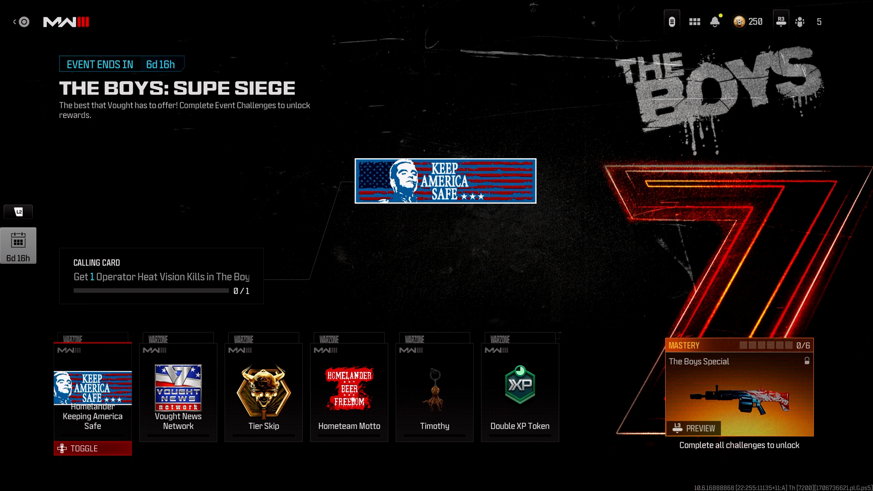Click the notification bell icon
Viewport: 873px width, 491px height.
point(715,21)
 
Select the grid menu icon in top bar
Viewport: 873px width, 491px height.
point(694,21)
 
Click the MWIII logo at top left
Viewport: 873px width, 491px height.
point(66,22)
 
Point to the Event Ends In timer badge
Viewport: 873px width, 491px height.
point(121,64)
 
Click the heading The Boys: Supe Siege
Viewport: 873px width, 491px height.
point(177,88)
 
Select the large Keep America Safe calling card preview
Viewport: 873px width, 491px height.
point(445,180)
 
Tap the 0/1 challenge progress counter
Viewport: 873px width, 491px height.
point(241,291)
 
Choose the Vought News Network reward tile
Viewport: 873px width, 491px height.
point(178,392)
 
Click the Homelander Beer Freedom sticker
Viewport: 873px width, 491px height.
point(349,389)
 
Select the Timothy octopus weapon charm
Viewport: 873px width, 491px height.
point(434,390)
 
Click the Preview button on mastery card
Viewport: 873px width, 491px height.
point(694,428)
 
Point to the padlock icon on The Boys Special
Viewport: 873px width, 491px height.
point(807,361)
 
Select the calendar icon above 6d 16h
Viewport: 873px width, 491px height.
point(18,240)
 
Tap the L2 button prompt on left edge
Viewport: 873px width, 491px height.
point(18,212)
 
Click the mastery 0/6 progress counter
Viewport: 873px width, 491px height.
point(803,346)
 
